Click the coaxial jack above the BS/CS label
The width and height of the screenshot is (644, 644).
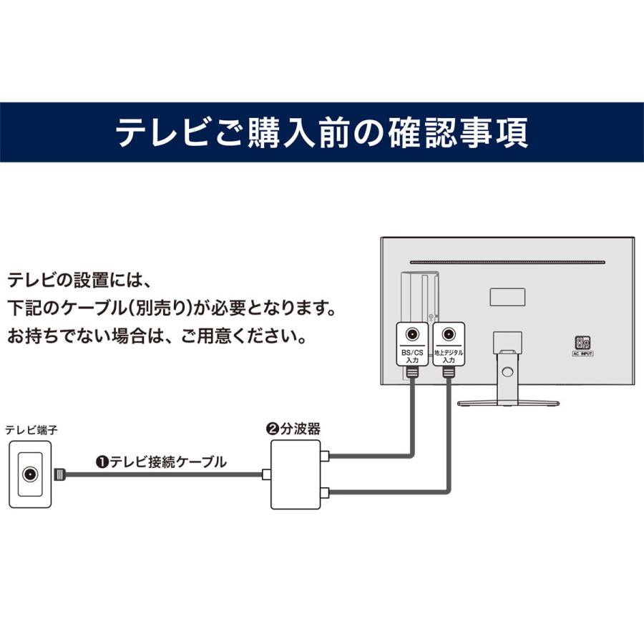click(412, 334)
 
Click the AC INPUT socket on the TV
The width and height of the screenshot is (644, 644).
click(583, 343)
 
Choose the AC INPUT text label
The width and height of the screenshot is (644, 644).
click(583, 353)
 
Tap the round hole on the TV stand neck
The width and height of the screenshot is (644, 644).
click(508, 371)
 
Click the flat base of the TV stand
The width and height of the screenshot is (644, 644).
click(508, 402)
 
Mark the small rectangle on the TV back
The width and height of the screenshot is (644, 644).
click(507, 296)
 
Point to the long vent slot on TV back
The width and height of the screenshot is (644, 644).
click(508, 261)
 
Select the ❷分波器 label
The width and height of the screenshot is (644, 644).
click(293, 429)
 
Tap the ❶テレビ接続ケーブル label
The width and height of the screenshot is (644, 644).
click(161, 462)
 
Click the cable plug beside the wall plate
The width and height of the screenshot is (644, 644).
click(61, 474)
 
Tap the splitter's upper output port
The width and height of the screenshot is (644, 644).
click(325, 456)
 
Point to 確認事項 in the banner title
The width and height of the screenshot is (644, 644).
click(462, 132)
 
